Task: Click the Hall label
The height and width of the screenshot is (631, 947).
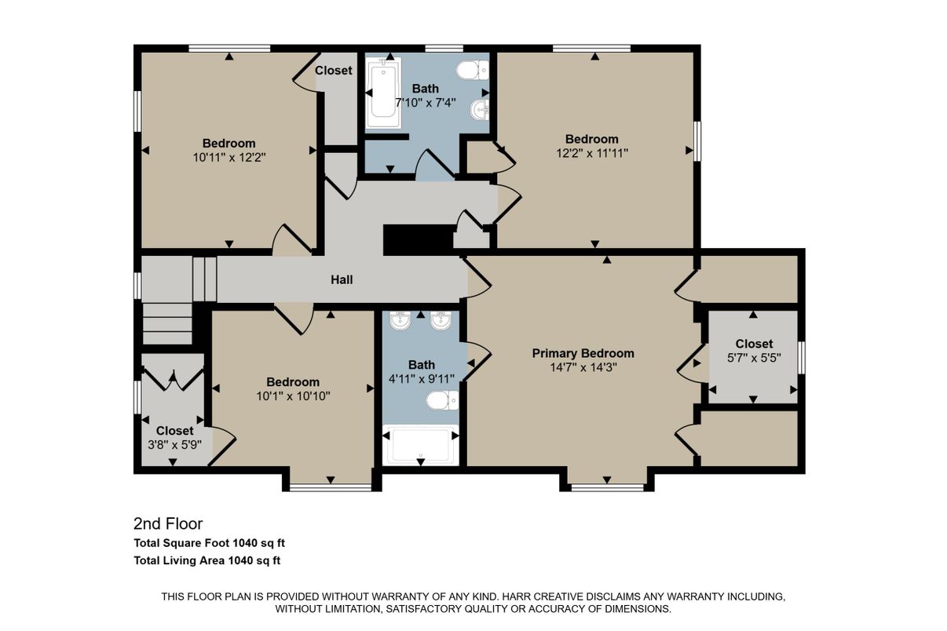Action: click(x=342, y=279)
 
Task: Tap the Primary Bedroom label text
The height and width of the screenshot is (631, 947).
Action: click(x=583, y=353)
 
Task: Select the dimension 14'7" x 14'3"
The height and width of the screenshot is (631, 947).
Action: click(x=583, y=367)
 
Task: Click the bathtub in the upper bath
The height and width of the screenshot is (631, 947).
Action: click(x=384, y=93)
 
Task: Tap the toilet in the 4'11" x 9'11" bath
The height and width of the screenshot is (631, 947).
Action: click(x=441, y=401)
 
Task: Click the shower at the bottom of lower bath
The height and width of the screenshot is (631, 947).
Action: click(x=421, y=446)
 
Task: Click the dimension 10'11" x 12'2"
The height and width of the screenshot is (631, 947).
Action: click(x=229, y=156)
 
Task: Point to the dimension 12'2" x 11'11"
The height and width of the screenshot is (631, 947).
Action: click(x=591, y=152)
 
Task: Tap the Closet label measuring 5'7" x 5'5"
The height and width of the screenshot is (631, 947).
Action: click(x=754, y=344)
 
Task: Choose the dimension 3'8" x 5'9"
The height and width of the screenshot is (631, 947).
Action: click(x=174, y=444)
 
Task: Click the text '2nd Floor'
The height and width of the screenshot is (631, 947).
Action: click(x=168, y=523)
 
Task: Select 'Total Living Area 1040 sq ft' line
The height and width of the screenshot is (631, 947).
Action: click(x=207, y=560)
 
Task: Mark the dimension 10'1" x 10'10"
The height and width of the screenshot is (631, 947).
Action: click(x=292, y=396)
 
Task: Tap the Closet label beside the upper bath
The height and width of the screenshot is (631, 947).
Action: click(x=334, y=71)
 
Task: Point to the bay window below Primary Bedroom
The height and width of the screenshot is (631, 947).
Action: click(x=606, y=487)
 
